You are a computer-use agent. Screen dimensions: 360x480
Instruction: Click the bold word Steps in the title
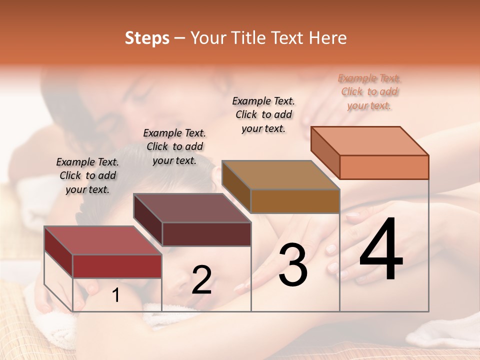click(x=147, y=38)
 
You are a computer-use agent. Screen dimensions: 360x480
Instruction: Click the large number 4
click(x=381, y=250)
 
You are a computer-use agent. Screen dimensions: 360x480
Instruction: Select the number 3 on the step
click(x=293, y=265)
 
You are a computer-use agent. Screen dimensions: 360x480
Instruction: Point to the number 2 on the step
click(x=201, y=280)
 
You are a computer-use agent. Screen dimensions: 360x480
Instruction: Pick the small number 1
click(x=115, y=295)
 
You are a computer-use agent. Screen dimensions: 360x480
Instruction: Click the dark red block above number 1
click(x=117, y=265)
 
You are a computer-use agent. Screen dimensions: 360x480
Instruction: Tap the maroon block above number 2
click(x=206, y=233)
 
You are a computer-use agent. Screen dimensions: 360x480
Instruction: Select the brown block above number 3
click(x=294, y=201)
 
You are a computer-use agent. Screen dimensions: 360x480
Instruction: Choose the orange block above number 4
click(x=383, y=167)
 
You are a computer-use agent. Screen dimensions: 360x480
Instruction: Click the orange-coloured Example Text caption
click(x=369, y=92)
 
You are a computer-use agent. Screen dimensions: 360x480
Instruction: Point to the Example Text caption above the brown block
click(x=263, y=114)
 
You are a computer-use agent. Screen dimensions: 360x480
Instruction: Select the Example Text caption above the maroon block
click(x=174, y=146)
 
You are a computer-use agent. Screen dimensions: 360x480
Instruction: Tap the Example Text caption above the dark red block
click(x=87, y=176)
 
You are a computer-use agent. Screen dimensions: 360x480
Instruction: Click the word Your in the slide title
click(x=207, y=38)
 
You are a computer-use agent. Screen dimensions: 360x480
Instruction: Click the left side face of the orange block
click(x=325, y=152)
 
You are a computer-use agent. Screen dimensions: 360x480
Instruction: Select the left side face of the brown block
click(x=236, y=186)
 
